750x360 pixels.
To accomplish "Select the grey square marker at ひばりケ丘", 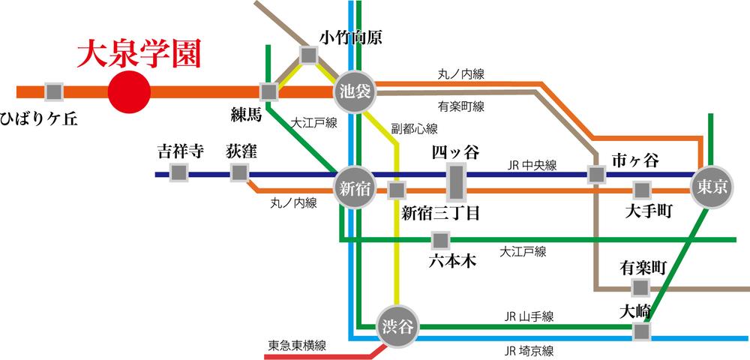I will pos(53,91).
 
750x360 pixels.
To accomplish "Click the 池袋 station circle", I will pos(353,91).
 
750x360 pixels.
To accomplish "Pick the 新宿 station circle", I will pos(354,187).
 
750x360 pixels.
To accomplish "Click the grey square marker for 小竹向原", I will pos(308,55).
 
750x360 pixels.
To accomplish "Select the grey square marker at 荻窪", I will pos(239,173).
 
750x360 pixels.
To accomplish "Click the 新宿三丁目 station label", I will pos(440,213).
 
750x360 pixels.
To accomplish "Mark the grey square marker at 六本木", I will pos(440,240).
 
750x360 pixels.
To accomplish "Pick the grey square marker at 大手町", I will pos(642,190).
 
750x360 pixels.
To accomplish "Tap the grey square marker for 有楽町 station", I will pos(639,288).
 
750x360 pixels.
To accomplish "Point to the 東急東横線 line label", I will pos(297,346).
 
